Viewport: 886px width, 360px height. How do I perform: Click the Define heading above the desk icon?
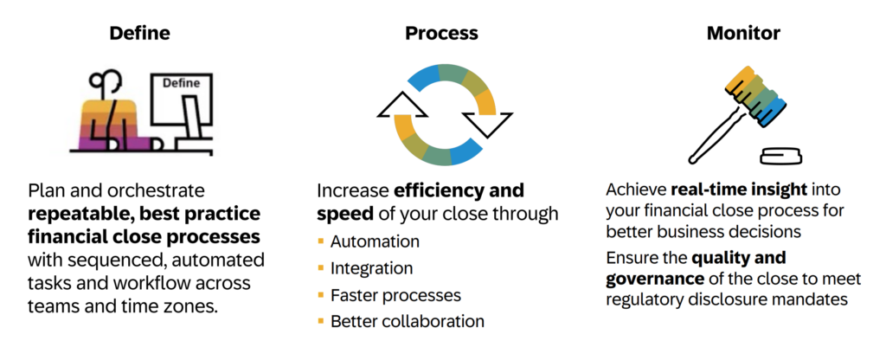click(x=139, y=33)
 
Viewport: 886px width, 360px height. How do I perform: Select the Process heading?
click(x=441, y=34)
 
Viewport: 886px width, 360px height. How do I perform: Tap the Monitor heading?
click(x=743, y=33)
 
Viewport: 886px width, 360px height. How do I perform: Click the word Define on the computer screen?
click(x=181, y=83)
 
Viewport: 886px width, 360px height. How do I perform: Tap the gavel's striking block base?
click(x=780, y=156)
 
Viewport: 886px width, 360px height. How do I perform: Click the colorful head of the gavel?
click(x=755, y=95)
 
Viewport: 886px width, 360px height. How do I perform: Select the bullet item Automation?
click(x=375, y=241)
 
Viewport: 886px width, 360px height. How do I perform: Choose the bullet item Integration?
click(x=371, y=268)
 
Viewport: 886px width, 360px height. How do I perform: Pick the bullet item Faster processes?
click(x=395, y=294)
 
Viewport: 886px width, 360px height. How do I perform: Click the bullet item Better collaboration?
click(x=408, y=321)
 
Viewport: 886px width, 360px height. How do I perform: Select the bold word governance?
click(x=655, y=279)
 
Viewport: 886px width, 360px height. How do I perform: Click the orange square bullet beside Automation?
click(x=321, y=241)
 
